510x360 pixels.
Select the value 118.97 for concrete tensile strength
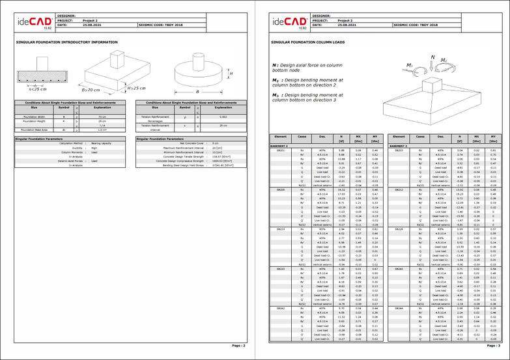click(218, 157)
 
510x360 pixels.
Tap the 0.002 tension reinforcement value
click(223, 117)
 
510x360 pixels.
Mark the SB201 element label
click(280, 150)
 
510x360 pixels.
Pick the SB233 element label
click(280, 268)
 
